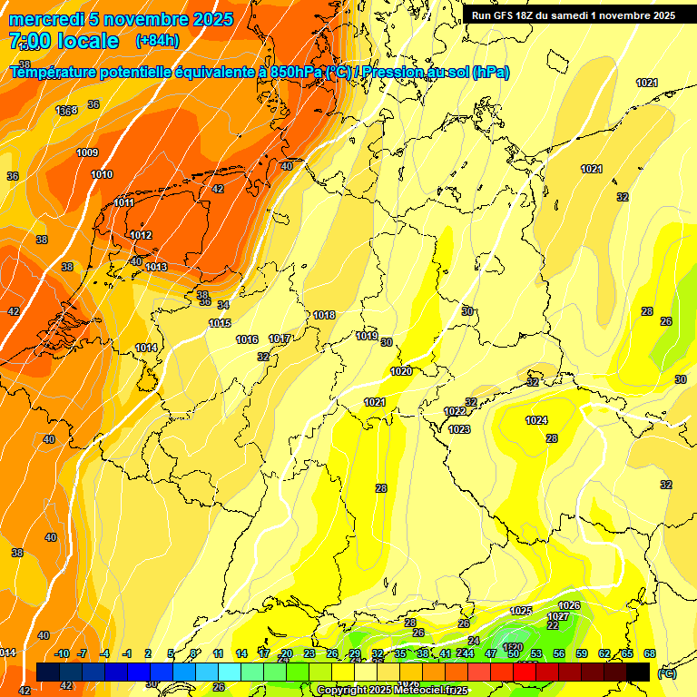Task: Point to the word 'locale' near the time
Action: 87,41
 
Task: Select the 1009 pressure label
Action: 87,152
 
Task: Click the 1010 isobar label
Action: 102,174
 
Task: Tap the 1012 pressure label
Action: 141,235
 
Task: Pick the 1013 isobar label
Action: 156,267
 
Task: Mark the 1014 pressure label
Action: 146,348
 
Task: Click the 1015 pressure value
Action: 220,323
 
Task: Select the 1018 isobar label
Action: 324,315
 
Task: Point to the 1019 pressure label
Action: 367,336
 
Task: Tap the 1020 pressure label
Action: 401,371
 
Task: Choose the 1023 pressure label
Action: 459,429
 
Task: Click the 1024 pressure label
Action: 536,420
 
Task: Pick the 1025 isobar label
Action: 521,611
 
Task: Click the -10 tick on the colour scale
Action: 62,653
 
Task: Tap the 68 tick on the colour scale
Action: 650,653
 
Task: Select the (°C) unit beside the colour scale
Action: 666,672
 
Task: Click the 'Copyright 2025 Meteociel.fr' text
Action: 392,690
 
